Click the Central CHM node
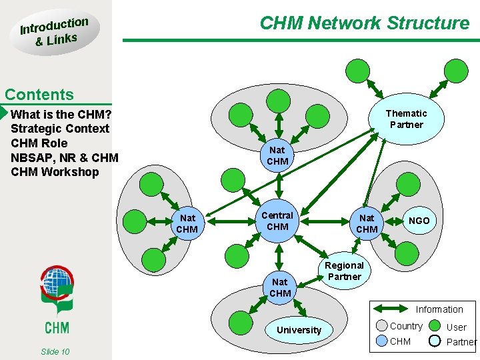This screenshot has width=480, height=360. coord(277,221)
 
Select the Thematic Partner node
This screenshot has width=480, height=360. coord(406,119)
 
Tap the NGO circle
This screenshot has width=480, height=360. coord(419,221)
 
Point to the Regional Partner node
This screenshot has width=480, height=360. coord(344,271)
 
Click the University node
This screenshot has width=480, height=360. coord(299,330)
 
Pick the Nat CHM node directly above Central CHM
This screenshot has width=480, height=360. coord(277,156)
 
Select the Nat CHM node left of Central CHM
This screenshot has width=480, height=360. coord(187,223)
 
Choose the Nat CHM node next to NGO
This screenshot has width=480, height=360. coord(367,223)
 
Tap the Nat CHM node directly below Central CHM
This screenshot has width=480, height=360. coord(280,287)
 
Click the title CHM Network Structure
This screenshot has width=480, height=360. coord(364,23)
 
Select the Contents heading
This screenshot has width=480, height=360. coord(39,95)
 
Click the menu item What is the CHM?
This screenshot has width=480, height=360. coord(61,114)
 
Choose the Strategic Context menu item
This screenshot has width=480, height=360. coord(60,129)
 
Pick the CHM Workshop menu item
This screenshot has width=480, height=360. coord(55,172)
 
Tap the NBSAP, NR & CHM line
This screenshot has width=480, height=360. coord(65,157)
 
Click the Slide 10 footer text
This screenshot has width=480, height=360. coord(55,351)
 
